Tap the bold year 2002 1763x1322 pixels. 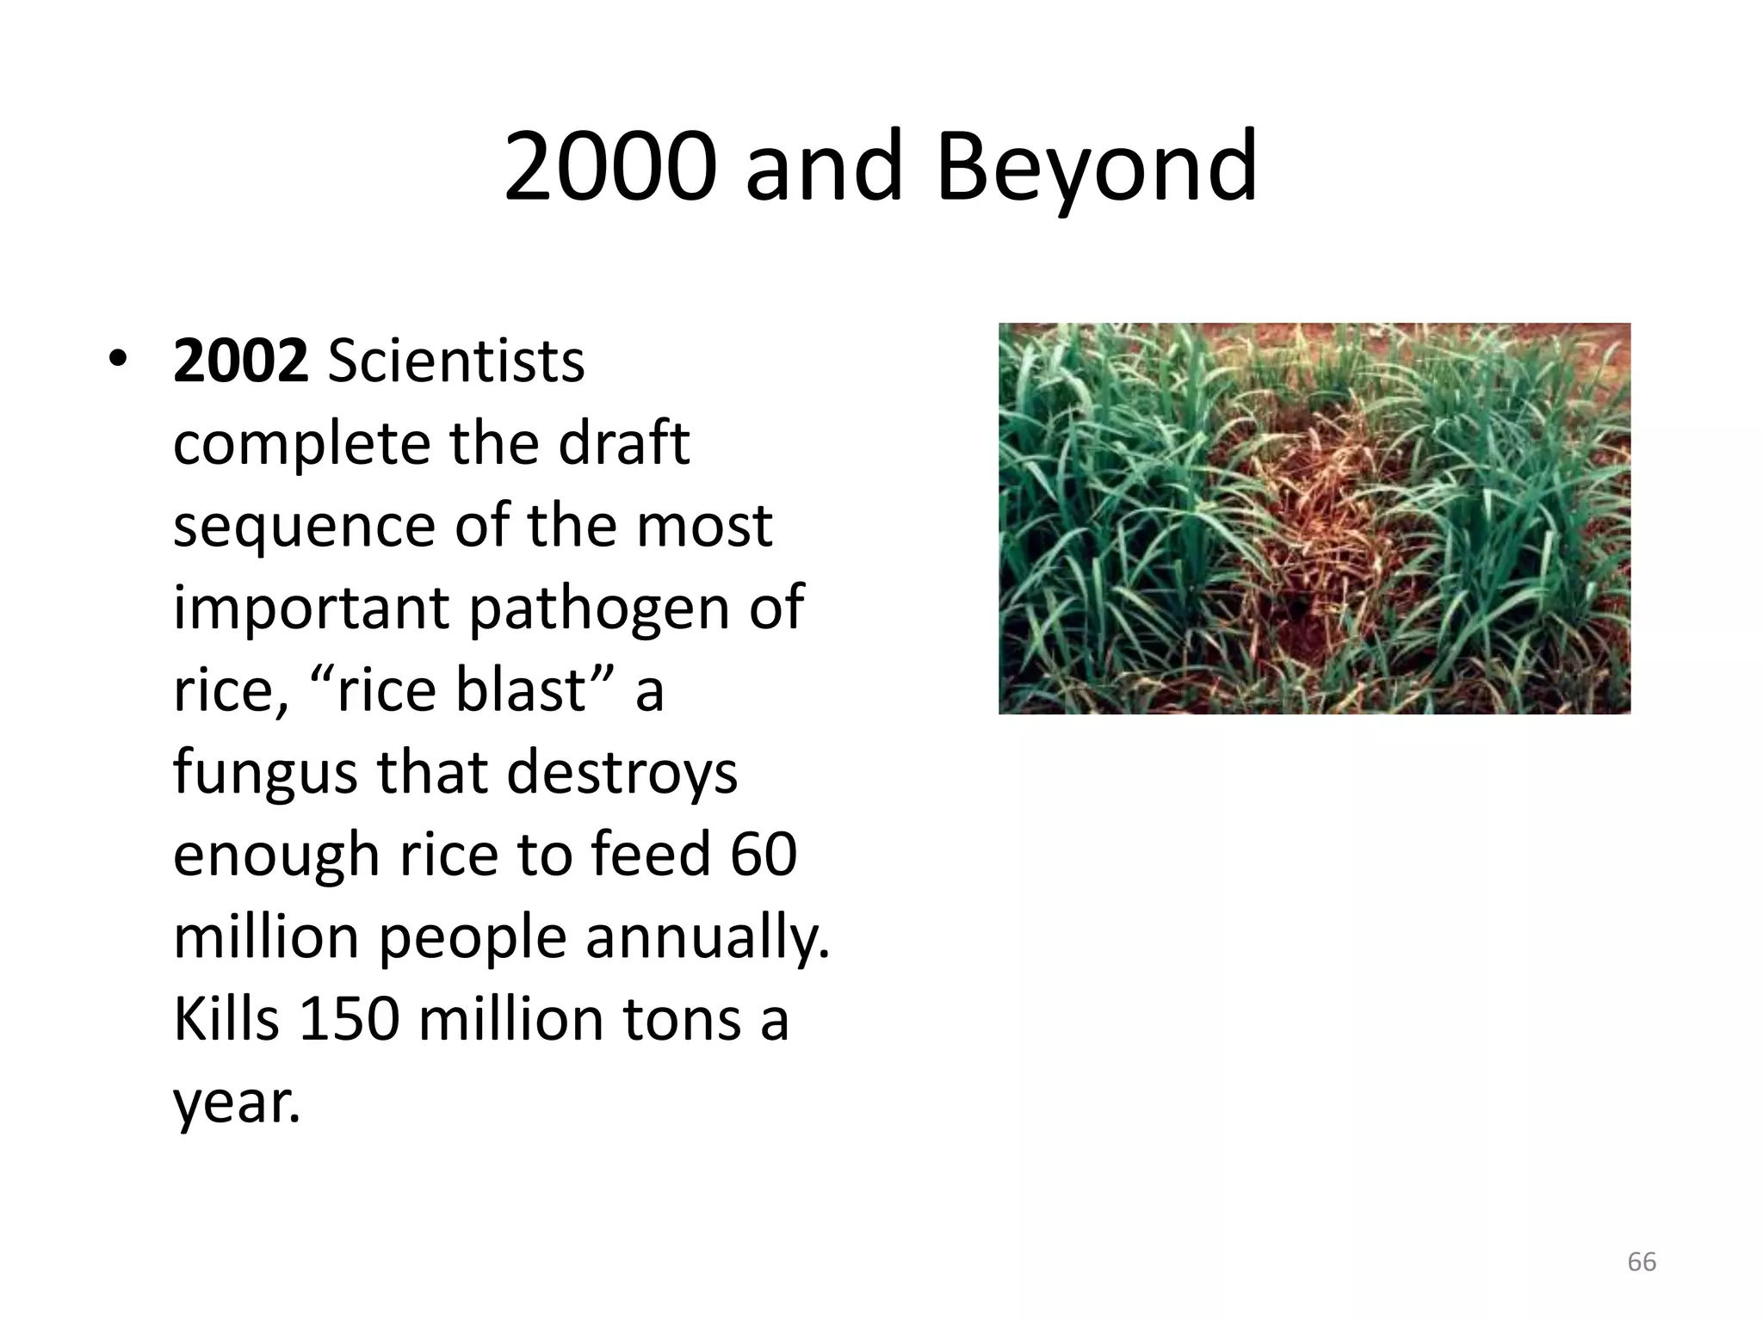(240, 361)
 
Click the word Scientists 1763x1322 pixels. (456, 361)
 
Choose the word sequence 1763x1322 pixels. (304, 525)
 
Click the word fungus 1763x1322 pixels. (265, 772)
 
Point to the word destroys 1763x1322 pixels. (622, 772)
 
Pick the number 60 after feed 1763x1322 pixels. (764, 854)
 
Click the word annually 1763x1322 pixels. (708, 936)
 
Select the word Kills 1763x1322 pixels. (226, 1019)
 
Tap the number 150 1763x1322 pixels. (349, 1019)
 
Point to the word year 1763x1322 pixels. (237, 1102)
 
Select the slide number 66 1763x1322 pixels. (1642, 1262)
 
